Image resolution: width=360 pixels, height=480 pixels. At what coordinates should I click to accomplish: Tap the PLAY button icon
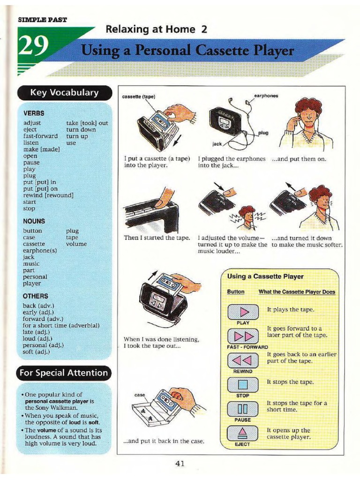pyautogui.click(x=243, y=312)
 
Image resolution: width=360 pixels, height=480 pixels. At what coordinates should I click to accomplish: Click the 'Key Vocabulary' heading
pyautogui.click(x=64, y=92)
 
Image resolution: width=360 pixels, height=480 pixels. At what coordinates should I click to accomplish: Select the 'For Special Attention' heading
pyautogui.click(x=63, y=373)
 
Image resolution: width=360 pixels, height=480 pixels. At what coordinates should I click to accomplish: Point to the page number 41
pyautogui.click(x=180, y=464)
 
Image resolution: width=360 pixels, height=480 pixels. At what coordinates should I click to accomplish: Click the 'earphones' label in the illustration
pyautogui.click(x=266, y=96)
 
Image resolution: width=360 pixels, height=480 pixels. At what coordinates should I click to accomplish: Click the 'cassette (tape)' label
pyautogui.click(x=138, y=97)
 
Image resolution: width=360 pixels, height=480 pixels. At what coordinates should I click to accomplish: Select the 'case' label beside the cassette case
pyautogui.click(x=139, y=395)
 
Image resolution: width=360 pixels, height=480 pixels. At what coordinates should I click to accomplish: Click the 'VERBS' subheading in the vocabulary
pyautogui.click(x=34, y=113)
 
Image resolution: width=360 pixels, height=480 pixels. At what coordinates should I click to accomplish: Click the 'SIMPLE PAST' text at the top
pyautogui.click(x=42, y=20)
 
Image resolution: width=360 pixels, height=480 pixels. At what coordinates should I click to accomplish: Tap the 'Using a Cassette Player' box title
pyautogui.click(x=265, y=277)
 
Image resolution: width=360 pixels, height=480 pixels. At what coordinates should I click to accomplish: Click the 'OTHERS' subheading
pyautogui.click(x=36, y=296)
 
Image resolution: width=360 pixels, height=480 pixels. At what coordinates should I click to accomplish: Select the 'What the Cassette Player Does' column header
pyautogui.click(x=297, y=292)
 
